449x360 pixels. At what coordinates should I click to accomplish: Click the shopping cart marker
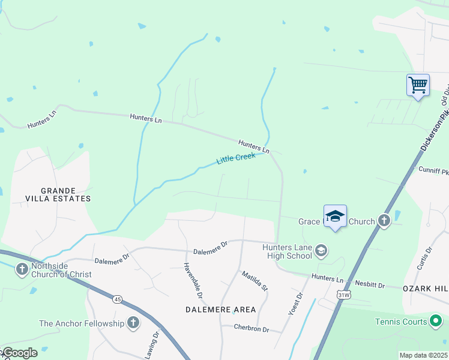418,85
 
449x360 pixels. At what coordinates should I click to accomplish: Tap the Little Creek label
236,158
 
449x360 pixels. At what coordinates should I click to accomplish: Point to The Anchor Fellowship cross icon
133,323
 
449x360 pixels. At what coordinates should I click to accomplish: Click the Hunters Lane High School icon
321,250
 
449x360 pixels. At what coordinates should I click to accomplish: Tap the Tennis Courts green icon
436,322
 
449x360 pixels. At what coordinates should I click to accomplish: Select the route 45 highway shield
116,298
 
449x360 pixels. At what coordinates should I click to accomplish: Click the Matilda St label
255,281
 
